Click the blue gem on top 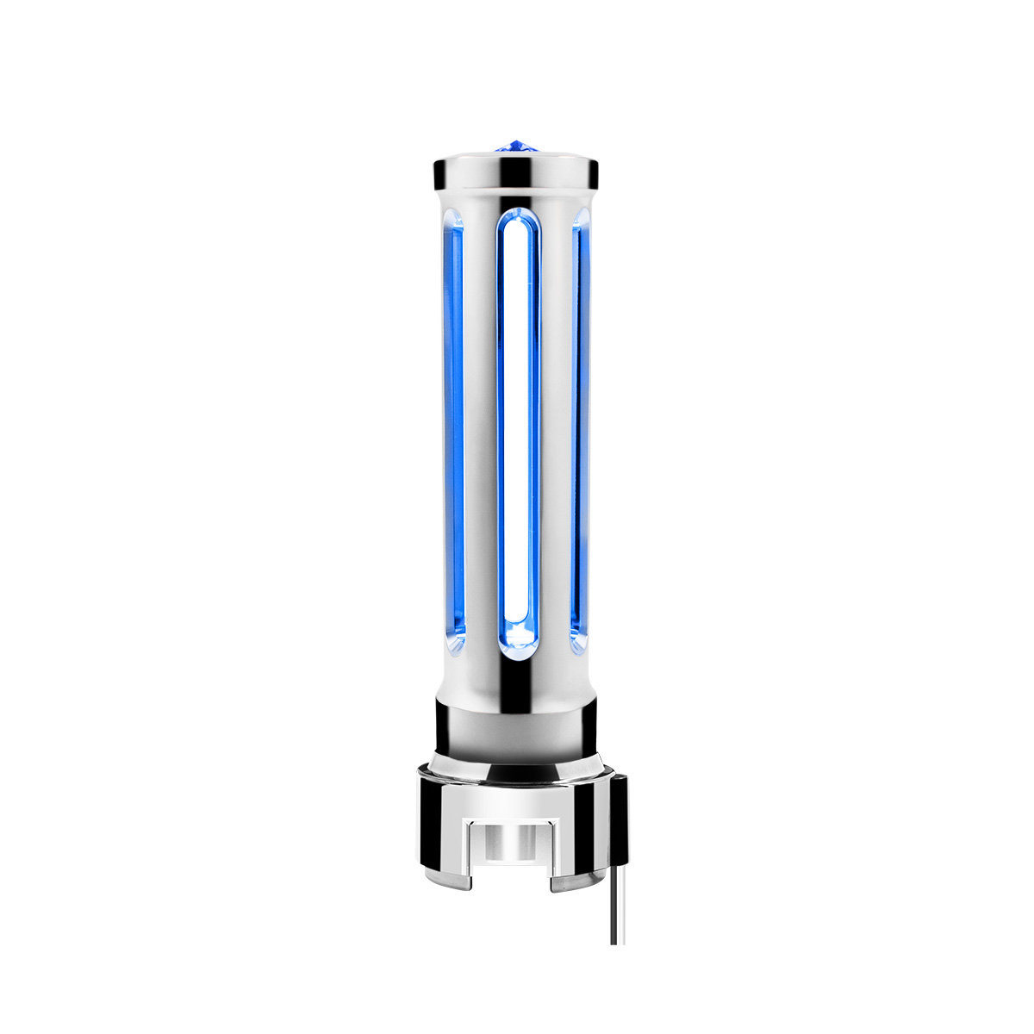517,146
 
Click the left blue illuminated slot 455,422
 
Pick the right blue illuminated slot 579,422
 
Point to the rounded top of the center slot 517,219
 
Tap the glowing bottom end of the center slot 517,638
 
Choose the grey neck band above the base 517,728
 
